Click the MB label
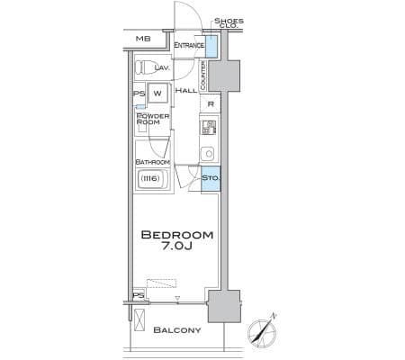pos(143,39)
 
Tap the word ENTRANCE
pos(189,45)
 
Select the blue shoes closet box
pos(211,47)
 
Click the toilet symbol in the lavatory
pos(144,67)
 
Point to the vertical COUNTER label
pos(202,76)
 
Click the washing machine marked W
pos(157,93)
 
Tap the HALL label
pos(186,90)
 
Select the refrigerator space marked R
pos(211,104)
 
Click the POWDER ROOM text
pos(153,119)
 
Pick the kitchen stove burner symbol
pos(209,127)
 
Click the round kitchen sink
pos(209,154)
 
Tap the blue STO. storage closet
pos(211,178)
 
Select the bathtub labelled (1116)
pos(151,179)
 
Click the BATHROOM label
pos(153,162)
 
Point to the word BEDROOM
pos(177,235)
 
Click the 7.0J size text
pos(177,246)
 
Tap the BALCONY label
pos(177,330)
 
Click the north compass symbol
pos(262,332)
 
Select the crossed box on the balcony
pos(139,319)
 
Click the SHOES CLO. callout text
pos(229,22)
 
